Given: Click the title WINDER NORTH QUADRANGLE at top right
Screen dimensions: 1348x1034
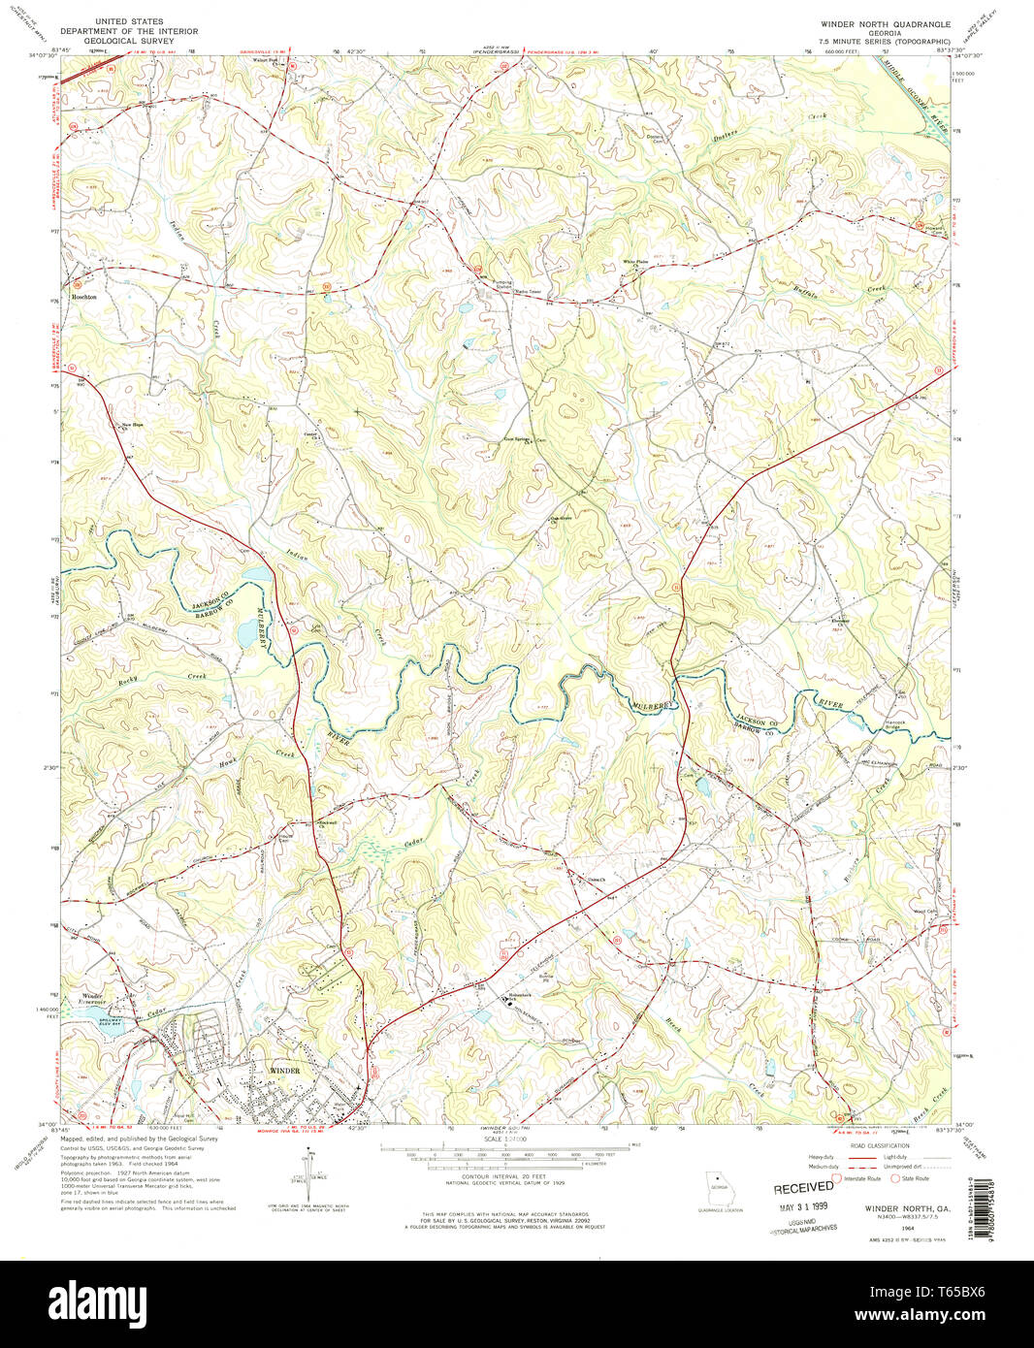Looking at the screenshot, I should coord(887,21).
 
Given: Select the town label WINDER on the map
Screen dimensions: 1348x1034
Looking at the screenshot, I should coord(284,1071).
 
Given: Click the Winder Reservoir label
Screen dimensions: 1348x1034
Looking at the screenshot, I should coord(91,1001).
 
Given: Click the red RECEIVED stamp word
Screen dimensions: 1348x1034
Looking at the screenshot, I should coord(803,1187).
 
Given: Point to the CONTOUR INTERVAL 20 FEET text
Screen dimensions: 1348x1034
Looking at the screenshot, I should coord(493,1176).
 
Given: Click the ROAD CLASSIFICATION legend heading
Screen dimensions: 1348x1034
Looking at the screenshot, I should coord(876,1145).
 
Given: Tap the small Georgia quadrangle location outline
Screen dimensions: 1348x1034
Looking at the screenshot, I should coord(719,1188).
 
